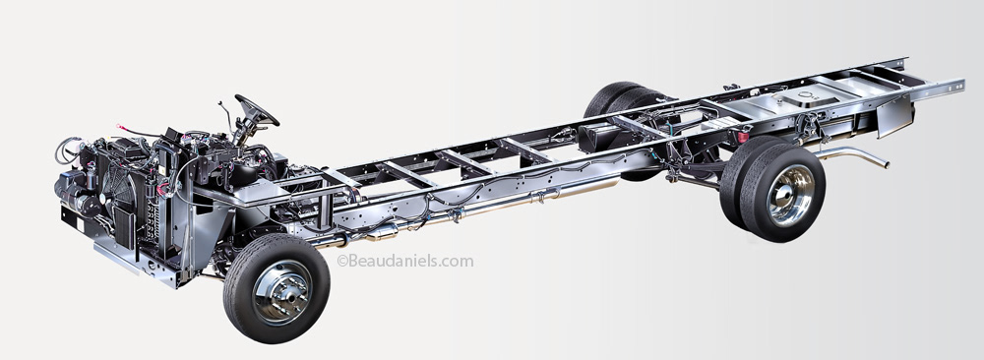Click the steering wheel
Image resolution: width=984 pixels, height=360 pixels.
click(x=257, y=110)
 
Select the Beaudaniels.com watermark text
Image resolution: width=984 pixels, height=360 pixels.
click(x=405, y=261)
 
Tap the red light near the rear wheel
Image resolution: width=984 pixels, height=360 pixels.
click(x=743, y=136)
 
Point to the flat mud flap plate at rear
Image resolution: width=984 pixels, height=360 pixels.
click(x=894, y=117)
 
